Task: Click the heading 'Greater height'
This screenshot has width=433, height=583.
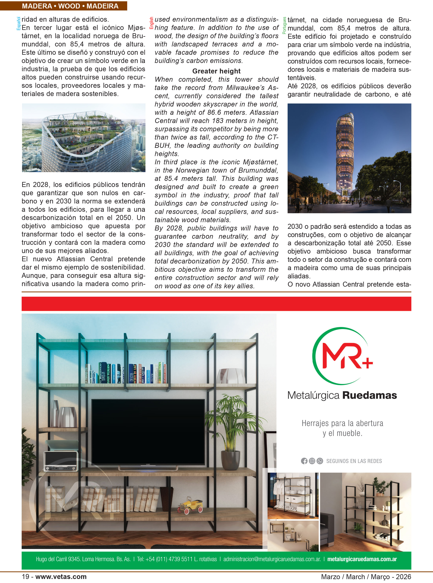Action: pyautogui.click(x=216, y=71)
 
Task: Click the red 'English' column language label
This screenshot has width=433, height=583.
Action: pyautogui.click(x=151, y=23)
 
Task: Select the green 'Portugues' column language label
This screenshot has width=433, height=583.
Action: pyautogui.click(x=284, y=26)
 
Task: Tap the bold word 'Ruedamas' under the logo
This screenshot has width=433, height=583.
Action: pyautogui.click(x=370, y=395)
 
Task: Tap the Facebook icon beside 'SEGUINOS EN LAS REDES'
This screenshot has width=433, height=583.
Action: pyautogui.click(x=304, y=461)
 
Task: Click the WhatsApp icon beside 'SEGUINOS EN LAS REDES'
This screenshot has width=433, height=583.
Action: pyautogui.click(x=320, y=461)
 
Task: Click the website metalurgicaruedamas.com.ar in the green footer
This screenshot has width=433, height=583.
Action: pyautogui.click(x=362, y=559)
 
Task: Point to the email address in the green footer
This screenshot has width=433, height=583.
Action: pyautogui.click(x=272, y=559)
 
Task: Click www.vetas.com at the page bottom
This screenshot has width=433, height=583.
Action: pyautogui.click(x=61, y=577)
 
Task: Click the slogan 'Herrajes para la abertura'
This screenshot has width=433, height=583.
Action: pyautogui.click(x=342, y=423)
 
